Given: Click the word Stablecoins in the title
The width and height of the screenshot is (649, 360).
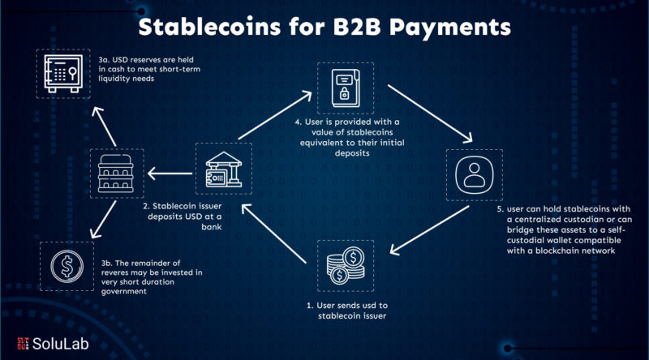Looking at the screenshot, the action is coord(209,27).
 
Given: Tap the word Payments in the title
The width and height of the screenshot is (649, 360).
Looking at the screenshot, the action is coord(450,28).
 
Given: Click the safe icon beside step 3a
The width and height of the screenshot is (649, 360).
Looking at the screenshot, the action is coord(63,74).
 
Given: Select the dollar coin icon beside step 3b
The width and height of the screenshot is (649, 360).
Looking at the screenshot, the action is coord(67,266).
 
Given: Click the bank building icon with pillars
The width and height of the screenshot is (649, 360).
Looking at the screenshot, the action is coord(224,169).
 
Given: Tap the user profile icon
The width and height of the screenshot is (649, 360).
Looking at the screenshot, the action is coord(475,175).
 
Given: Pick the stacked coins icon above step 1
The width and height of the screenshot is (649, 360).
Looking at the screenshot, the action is coord(346,266).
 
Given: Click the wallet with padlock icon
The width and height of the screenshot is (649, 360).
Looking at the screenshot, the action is coord(346,88).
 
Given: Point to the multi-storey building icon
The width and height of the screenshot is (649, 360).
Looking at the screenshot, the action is coord(116,174).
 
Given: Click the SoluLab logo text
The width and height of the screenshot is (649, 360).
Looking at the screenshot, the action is coord(60,344).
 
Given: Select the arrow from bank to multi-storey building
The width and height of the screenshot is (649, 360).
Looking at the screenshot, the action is coord(170,174).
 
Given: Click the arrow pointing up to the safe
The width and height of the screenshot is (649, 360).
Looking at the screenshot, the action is coord(104,126).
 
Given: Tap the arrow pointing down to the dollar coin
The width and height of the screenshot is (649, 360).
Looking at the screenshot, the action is coord(104,220).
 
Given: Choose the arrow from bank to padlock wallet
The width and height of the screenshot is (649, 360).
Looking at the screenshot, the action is coord(275,115).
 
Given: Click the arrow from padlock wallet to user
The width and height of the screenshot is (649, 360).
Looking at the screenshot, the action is coord(430,114).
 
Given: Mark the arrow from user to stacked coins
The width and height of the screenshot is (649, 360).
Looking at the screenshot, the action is coord(430,230).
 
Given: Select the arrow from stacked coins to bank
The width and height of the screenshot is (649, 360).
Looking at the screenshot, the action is coord(274,234).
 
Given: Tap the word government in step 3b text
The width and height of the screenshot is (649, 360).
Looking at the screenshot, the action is coord(124,291).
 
